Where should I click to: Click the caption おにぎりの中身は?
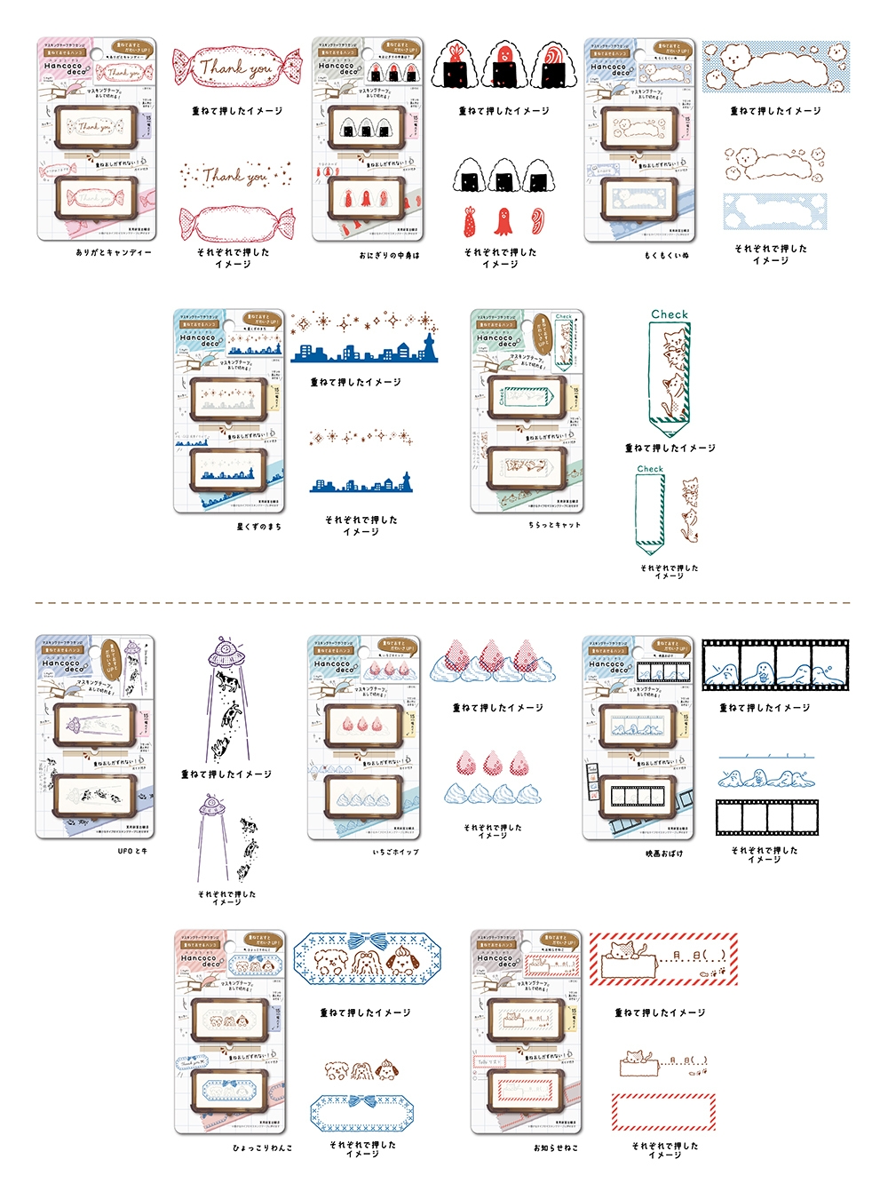389,255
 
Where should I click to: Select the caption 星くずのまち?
258,527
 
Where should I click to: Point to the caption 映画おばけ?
664,854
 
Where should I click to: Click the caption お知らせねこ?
556,1147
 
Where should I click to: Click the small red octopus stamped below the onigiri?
503,220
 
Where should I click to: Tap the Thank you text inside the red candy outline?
237,67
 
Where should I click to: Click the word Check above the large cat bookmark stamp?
669,314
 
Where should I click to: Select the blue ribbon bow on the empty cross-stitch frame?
361,1101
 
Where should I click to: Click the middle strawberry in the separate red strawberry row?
493,763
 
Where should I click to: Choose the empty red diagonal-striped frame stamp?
662,1111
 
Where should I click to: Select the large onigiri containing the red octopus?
504,64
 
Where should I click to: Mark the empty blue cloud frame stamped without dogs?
775,211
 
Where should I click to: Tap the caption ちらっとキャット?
554,525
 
